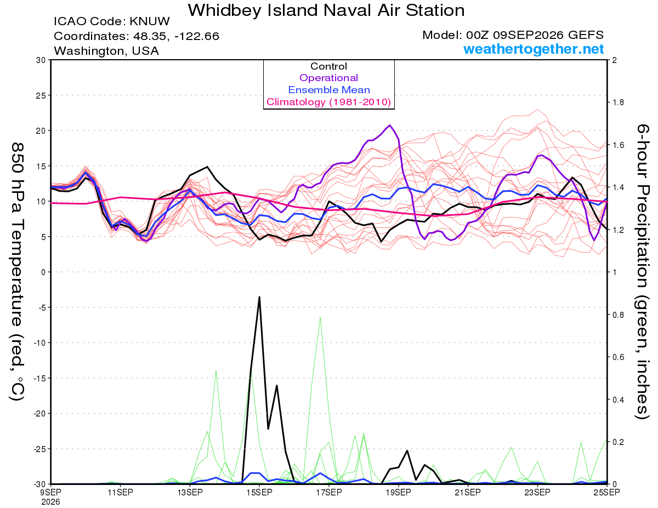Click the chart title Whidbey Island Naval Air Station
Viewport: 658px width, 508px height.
click(326, 10)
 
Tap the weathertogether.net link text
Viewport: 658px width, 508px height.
click(534, 49)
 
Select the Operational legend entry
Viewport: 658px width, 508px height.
click(328, 78)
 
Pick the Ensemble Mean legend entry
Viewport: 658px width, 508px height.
click(329, 90)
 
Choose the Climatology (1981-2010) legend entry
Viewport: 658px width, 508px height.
click(329, 102)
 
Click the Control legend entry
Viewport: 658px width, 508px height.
click(328, 66)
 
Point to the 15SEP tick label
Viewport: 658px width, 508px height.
click(259, 492)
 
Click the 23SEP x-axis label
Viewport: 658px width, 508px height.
click(537, 492)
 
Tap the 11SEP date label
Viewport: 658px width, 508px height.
click(120, 492)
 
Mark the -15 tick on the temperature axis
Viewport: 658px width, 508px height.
click(39, 378)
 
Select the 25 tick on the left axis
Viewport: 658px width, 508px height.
click(41, 95)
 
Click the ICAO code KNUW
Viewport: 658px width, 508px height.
click(150, 21)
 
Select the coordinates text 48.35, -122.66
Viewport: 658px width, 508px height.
click(176, 36)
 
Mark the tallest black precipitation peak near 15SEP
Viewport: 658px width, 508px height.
click(259, 297)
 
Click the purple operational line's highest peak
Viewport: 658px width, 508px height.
click(390, 125)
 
